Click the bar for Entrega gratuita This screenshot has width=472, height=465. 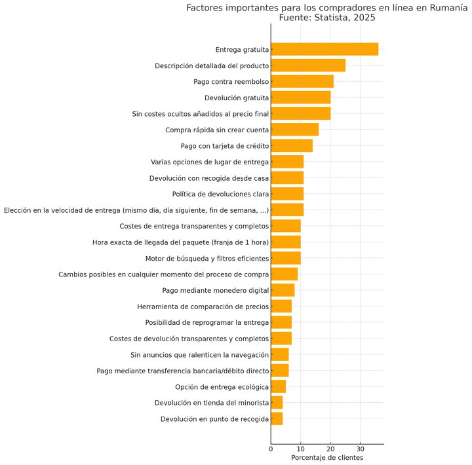(x=324, y=49)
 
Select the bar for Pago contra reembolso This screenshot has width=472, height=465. (x=302, y=81)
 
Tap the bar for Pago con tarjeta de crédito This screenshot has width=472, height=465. (x=292, y=145)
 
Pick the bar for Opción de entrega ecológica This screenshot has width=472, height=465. (x=279, y=386)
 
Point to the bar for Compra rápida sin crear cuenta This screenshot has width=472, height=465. (x=295, y=130)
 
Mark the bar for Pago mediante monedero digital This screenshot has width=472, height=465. (x=283, y=290)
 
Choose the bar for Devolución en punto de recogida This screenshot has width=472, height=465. (x=277, y=418)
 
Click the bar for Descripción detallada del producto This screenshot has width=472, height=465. (x=308, y=65)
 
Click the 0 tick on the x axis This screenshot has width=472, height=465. (x=271, y=449)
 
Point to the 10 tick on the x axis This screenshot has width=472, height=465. (x=301, y=449)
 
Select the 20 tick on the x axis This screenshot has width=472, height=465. (x=330, y=449)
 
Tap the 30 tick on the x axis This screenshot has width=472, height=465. (x=361, y=449)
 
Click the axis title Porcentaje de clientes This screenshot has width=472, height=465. (x=327, y=458)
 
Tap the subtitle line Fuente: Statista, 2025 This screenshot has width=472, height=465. (x=327, y=18)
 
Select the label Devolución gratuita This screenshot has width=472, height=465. (x=237, y=98)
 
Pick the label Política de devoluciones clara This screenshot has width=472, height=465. (x=220, y=194)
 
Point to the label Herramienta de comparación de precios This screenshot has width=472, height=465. (x=203, y=307)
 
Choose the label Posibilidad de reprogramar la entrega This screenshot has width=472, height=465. (x=206, y=322)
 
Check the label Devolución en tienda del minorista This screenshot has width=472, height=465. (x=212, y=403)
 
